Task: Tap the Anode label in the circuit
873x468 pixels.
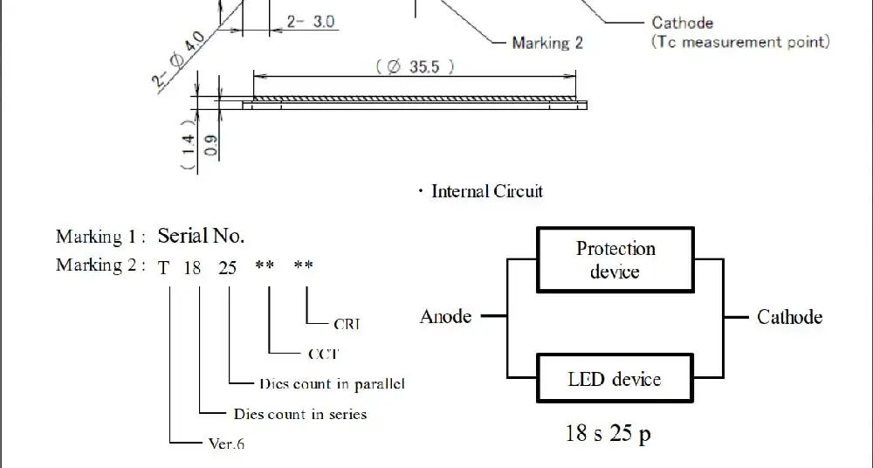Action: (x=445, y=316)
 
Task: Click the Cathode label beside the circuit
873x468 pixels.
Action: (x=789, y=317)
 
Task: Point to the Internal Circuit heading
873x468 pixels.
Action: (x=486, y=192)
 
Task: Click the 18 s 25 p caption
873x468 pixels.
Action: (x=608, y=433)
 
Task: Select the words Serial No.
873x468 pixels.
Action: (x=201, y=236)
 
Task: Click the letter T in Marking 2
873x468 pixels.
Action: (x=163, y=268)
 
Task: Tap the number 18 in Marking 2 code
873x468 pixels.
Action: (x=192, y=268)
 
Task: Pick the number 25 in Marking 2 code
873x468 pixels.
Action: (x=227, y=268)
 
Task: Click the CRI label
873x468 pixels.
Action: (x=347, y=324)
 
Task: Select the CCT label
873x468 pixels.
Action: (x=323, y=354)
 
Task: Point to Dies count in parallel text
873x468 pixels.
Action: (x=332, y=384)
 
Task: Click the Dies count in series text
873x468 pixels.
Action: (x=300, y=414)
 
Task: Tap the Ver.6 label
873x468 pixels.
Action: (x=226, y=444)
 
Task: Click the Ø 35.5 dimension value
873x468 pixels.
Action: (x=415, y=67)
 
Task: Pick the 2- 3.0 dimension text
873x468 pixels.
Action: (x=311, y=22)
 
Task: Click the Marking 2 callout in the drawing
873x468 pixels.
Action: (x=547, y=43)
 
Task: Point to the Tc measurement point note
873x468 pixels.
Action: (x=740, y=42)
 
